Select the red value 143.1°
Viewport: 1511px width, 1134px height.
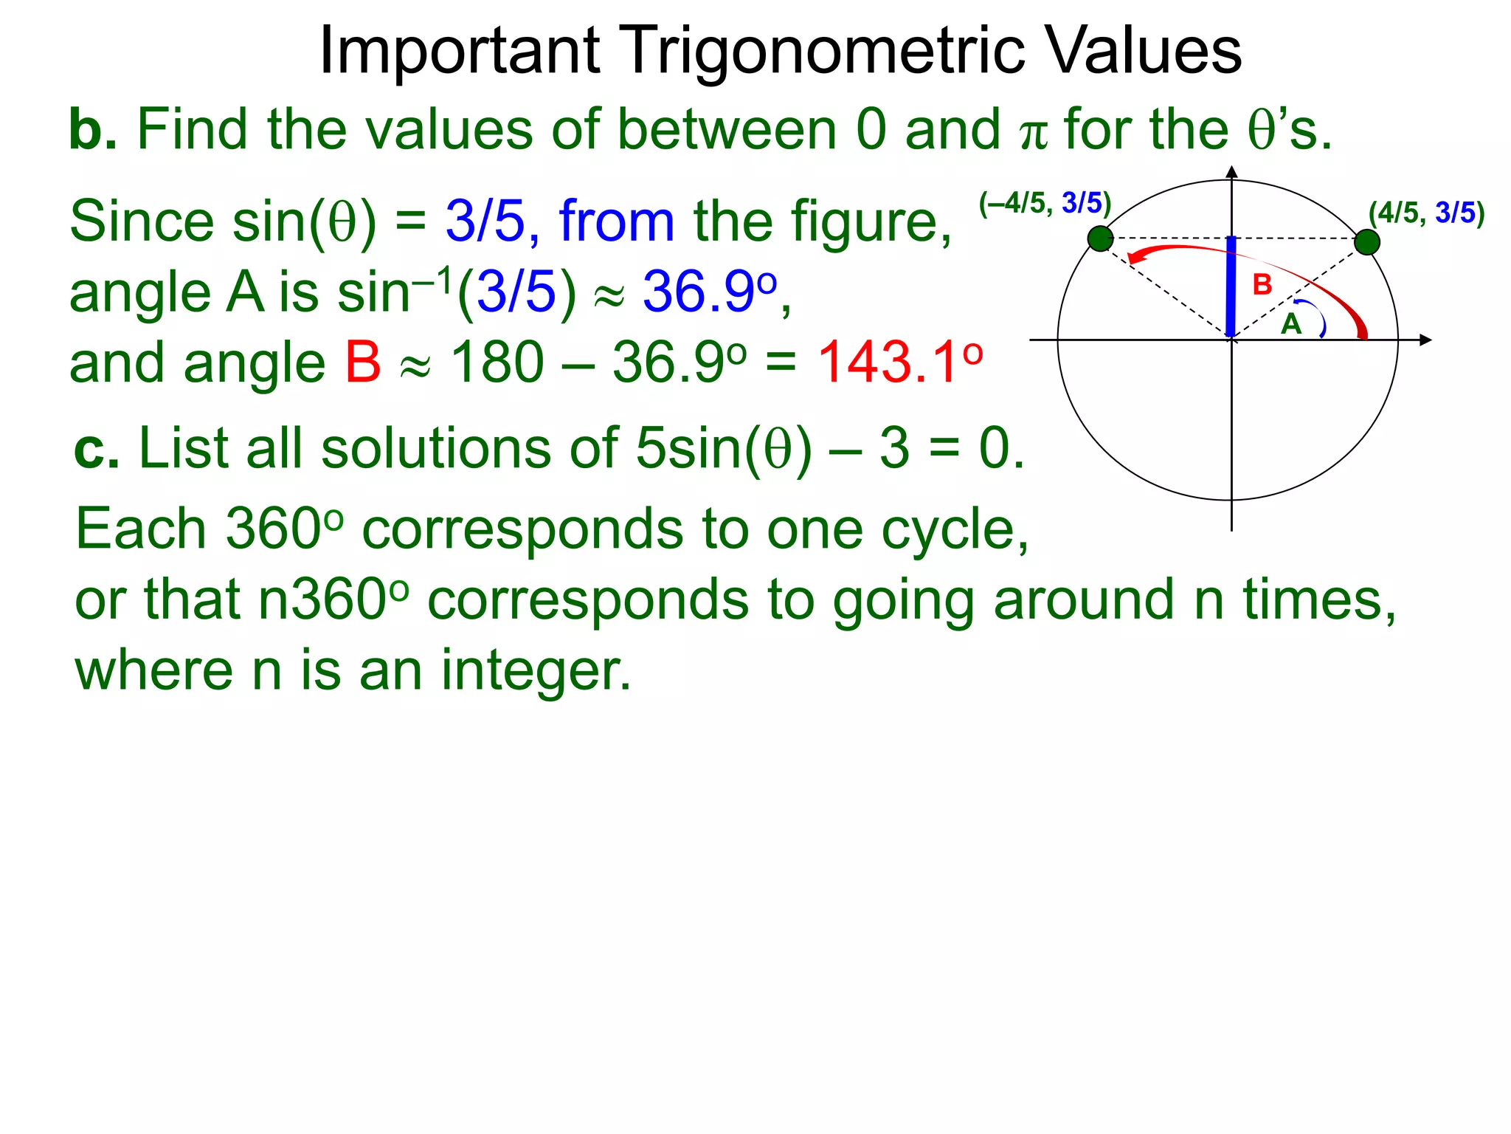click(899, 362)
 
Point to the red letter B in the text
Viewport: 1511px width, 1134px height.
click(362, 362)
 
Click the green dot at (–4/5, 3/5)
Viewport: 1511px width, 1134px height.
click(1100, 238)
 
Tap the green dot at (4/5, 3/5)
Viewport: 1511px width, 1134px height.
click(1366, 242)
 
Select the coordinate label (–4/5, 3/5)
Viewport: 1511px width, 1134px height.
click(1045, 203)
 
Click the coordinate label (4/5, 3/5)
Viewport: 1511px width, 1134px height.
click(1426, 213)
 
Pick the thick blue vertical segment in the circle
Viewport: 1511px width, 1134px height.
click(1231, 286)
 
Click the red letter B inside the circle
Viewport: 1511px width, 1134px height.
click(1262, 285)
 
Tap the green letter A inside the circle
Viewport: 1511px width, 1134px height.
click(1290, 324)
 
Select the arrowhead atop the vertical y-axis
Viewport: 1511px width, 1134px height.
click(1231, 173)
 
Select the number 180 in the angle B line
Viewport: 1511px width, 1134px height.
click(497, 362)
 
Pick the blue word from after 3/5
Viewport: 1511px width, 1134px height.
click(617, 221)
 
